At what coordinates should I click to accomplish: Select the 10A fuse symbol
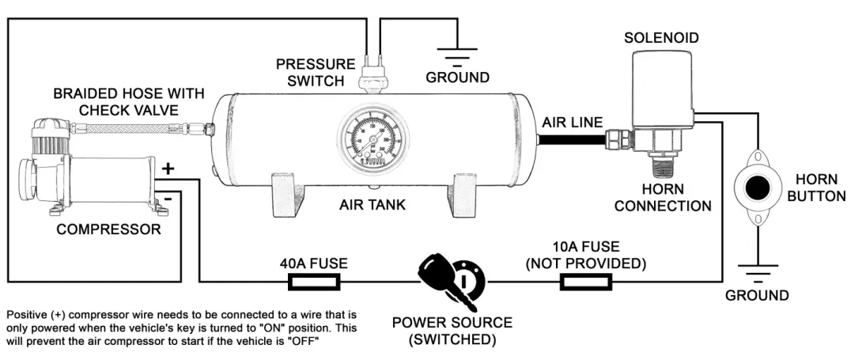(x=585, y=282)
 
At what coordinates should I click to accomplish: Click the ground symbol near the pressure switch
(x=457, y=55)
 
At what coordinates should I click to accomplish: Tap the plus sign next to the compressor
(x=168, y=169)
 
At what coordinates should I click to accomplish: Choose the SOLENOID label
(x=661, y=38)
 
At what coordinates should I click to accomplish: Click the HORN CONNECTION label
(x=663, y=198)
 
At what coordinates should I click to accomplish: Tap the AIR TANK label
(x=373, y=205)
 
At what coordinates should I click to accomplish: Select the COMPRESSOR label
(x=108, y=230)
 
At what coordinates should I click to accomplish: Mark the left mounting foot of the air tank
(x=289, y=193)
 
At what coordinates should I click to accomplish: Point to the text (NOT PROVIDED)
(x=585, y=263)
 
